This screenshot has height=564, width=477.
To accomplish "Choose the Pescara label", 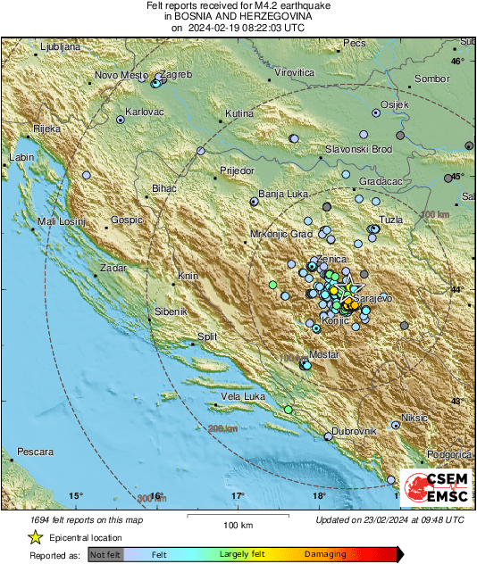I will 35,452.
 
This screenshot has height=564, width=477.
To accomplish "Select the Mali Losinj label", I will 61,220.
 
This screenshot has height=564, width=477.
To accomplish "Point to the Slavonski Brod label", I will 358,149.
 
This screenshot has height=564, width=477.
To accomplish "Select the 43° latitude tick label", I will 457,403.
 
